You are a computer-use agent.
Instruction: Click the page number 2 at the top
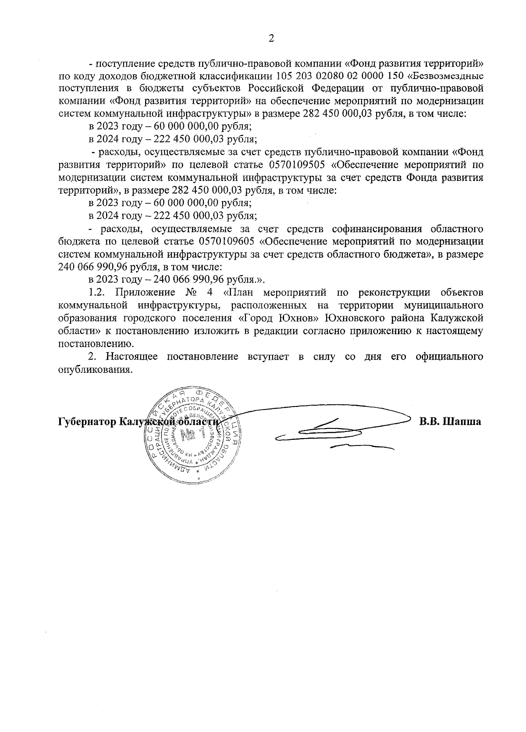click(x=271, y=39)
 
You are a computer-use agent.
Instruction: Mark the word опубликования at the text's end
click(x=95, y=369)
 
